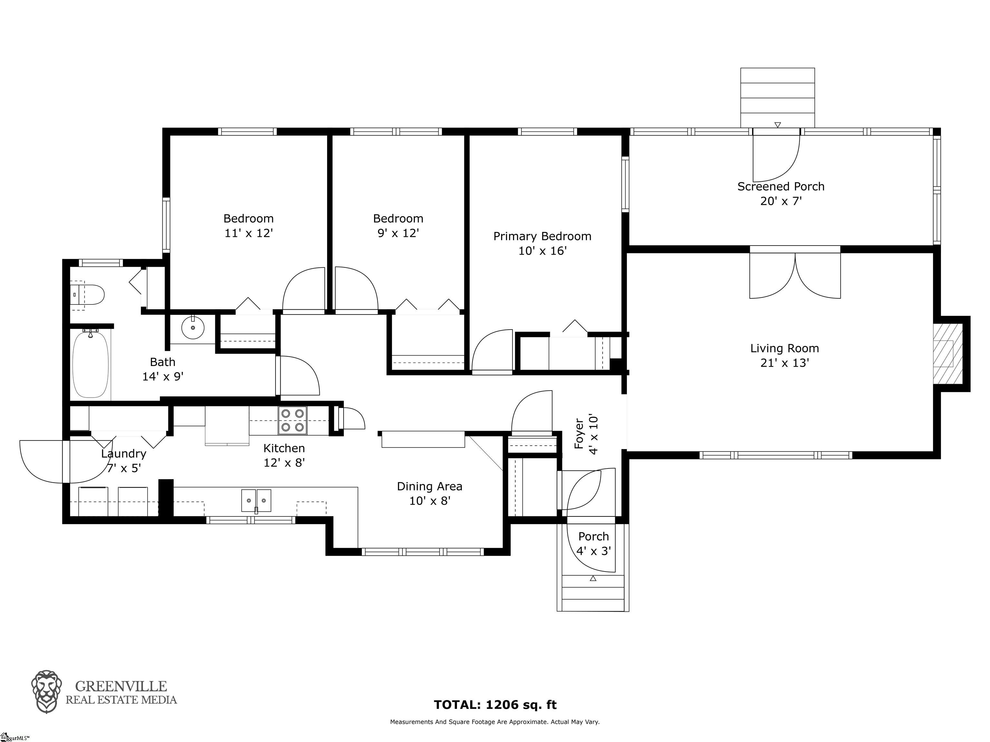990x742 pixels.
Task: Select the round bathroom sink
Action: pyautogui.click(x=193, y=328)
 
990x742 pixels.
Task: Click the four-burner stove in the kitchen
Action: pyautogui.click(x=293, y=421)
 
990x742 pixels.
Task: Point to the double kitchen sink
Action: pyautogui.click(x=257, y=500)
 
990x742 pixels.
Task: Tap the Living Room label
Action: pyautogui.click(x=785, y=348)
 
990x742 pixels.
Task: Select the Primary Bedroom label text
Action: pyautogui.click(x=542, y=236)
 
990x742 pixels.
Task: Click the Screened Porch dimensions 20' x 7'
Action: pyautogui.click(x=781, y=201)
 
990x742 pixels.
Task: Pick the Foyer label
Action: pyautogui.click(x=579, y=433)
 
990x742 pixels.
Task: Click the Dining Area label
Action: pyautogui.click(x=430, y=487)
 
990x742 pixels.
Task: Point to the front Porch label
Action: pyautogui.click(x=594, y=536)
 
